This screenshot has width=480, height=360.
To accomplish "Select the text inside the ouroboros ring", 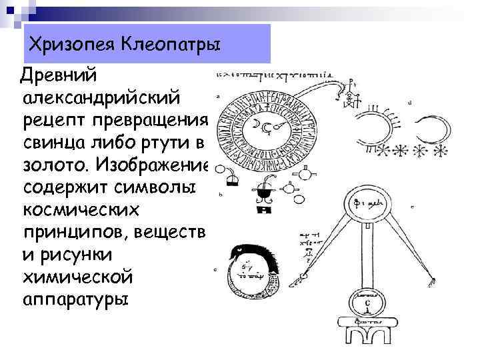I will [x=253, y=270].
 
